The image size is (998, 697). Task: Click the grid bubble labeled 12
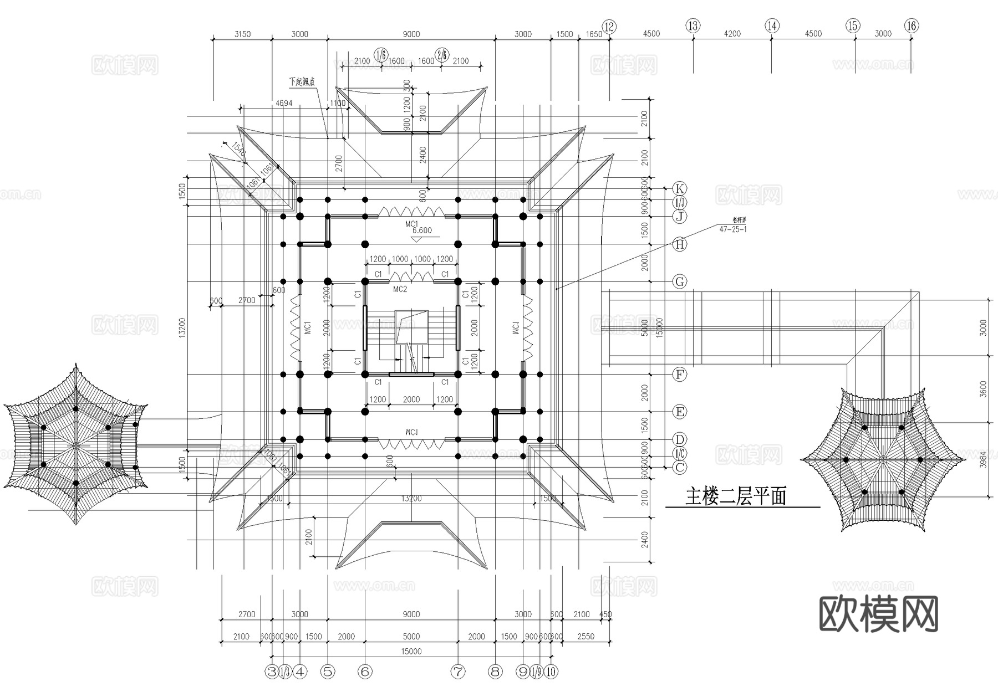tap(609, 27)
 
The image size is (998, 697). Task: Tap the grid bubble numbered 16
tap(911, 25)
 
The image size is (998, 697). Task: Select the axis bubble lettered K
tap(680, 188)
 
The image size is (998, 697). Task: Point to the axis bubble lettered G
tap(680, 281)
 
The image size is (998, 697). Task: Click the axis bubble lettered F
tap(680, 375)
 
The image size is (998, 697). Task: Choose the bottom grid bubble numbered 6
tap(365, 672)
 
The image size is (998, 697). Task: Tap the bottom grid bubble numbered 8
tap(495, 672)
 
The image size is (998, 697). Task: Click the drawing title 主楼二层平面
tap(736, 496)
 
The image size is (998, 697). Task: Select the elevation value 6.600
tap(422, 230)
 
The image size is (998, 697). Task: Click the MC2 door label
tap(400, 289)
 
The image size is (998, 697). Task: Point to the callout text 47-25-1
tap(732, 229)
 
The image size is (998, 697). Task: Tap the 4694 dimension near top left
tap(284, 103)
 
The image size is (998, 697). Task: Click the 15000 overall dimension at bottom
tap(411, 652)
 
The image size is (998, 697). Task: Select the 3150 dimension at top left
tap(242, 34)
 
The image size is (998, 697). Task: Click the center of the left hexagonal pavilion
tap(76, 445)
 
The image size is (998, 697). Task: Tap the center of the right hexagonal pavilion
tap(883, 459)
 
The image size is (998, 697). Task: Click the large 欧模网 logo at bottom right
tap(879, 614)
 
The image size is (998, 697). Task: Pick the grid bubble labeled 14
tap(772, 25)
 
